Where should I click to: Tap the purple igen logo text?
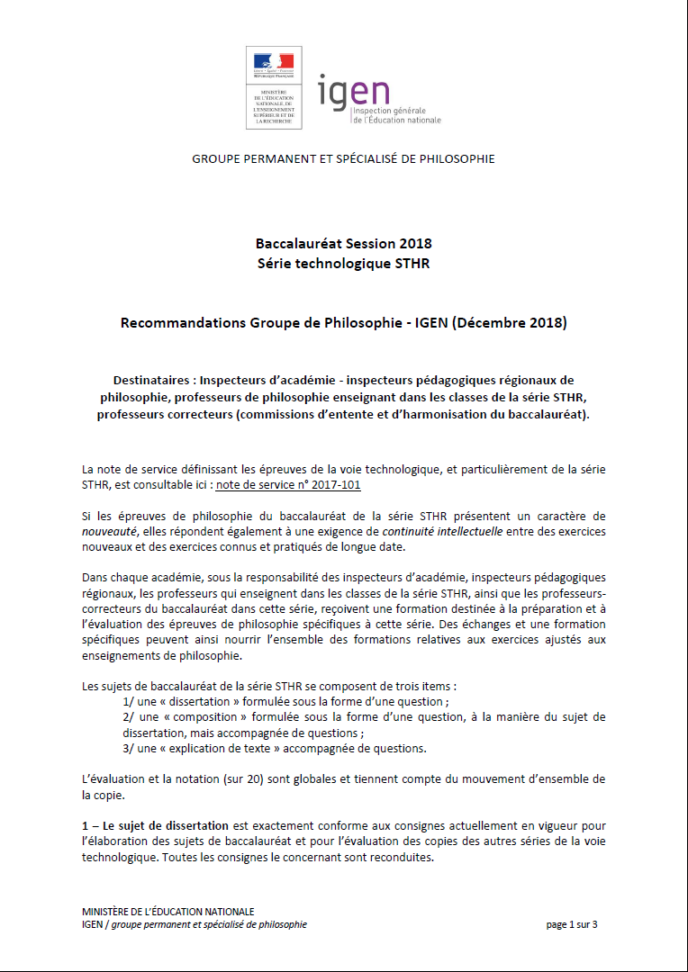pyautogui.click(x=353, y=92)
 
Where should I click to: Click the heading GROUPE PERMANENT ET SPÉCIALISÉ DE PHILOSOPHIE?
pyautogui.click(x=343, y=159)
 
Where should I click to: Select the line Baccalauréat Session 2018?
pyautogui.click(x=343, y=244)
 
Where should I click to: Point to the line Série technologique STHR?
pyautogui.click(x=343, y=263)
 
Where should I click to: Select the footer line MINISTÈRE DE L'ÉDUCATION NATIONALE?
pyautogui.click(x=167, y=912)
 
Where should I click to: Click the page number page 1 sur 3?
pyautogui.click(x=571, y=924)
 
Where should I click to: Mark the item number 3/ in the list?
pyautogui.click(x=129, y=748)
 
